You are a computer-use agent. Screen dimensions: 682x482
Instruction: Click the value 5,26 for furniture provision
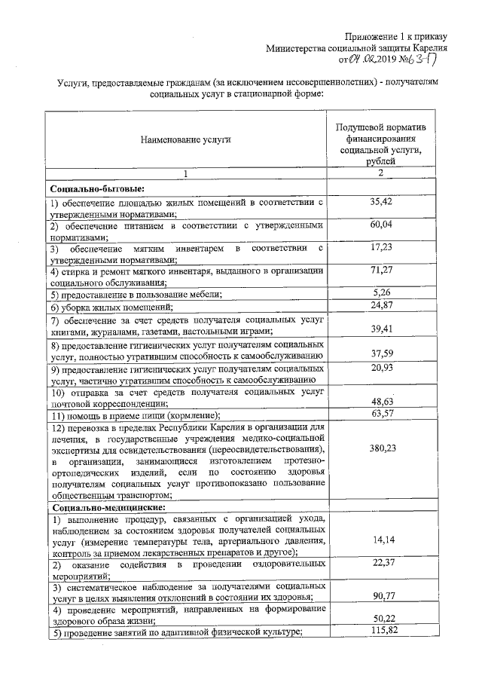coord(381,292)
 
